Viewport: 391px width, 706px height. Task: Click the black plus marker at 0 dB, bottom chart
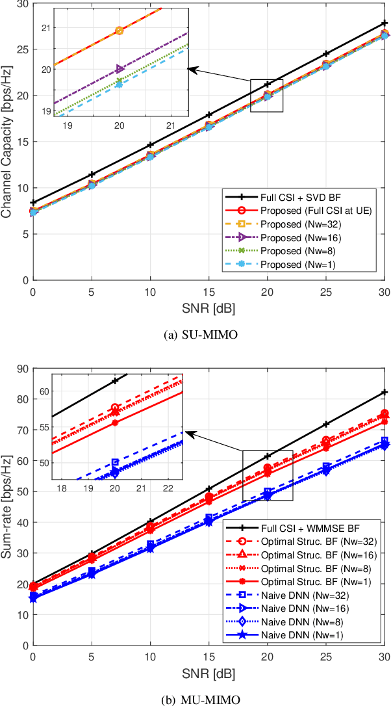coord(33,584)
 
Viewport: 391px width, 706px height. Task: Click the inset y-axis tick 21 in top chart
coord(48,28)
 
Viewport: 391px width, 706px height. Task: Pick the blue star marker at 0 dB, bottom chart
coord(33,599)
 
